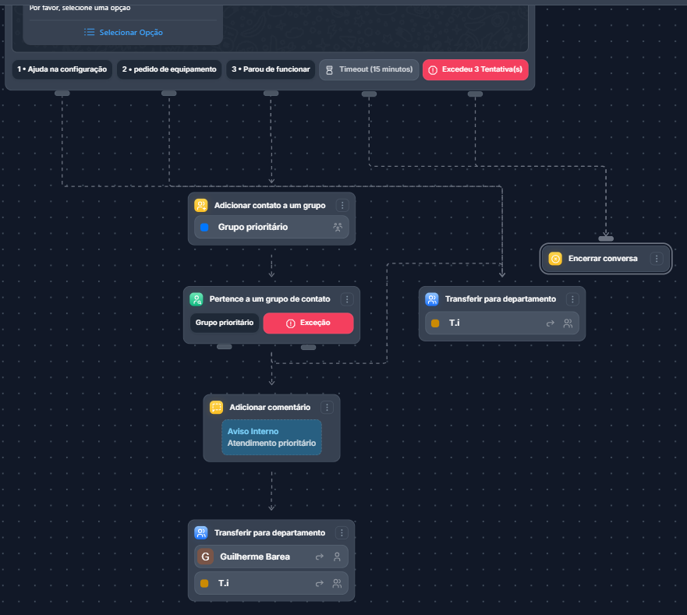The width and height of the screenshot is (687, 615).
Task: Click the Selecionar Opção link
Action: click(x=123, y=33)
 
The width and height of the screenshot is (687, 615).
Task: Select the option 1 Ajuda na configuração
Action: click(x=62, y=69)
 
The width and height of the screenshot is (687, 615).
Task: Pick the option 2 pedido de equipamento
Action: click(x=169, y=69)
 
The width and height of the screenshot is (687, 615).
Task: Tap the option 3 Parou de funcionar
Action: click(x=271, y=69)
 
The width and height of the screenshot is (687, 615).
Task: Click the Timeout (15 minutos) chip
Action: click(x=369, y=69)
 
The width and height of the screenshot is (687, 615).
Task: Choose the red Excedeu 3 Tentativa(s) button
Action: click(x=476, y=69)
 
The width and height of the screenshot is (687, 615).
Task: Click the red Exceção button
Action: click(x=308, y=323)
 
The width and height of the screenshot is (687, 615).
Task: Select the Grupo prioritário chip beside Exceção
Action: click(x=225, y=323)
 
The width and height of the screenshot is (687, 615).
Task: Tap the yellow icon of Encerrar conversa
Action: click(x=555, y=259)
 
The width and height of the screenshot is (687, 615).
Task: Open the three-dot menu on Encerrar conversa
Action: click(x=657, y=259)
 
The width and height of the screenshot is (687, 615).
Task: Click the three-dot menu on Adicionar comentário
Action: click(x=327, y=408)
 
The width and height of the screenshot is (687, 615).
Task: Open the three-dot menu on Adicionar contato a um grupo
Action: click(x=342, y=206)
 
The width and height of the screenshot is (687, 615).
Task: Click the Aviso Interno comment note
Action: click(x=271, y=437)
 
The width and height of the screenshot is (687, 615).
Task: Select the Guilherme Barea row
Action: click(x=271, y=557)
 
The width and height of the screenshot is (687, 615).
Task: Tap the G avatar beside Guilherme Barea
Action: click(x=205, y=557)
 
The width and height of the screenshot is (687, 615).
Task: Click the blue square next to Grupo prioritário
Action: click(x=204, y=227)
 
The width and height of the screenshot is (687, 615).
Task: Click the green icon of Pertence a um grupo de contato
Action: click(x=197, y=299)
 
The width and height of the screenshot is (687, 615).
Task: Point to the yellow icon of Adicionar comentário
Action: click(x=217, y=408)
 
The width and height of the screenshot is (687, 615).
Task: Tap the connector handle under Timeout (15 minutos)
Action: click(x=369, y=94)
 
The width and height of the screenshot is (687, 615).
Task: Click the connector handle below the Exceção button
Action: click(x=308, y=348)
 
